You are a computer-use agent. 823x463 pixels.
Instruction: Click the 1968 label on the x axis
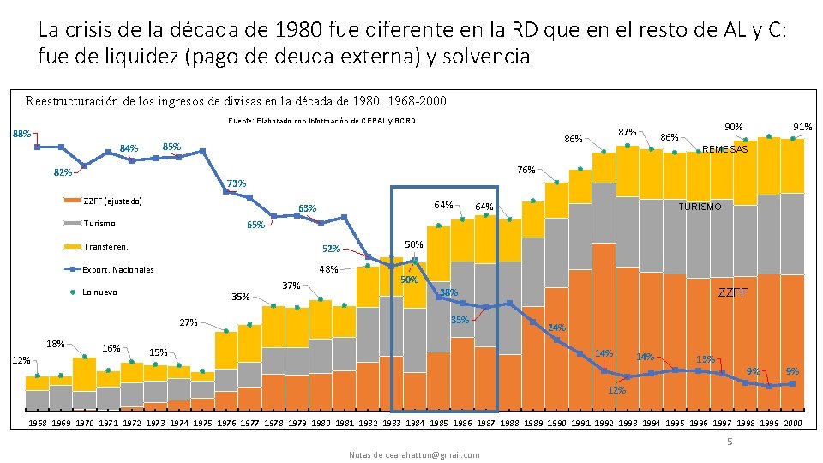pyautogui.click(x=38, y=424)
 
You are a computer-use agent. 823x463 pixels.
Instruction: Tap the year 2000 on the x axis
pyautogui.click(x=792, y=424)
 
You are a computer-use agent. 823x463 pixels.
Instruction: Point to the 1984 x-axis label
pyautogui.click(x=415, y=424)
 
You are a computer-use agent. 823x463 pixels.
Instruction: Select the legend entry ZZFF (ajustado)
pyautogui.click(x=112, y=201)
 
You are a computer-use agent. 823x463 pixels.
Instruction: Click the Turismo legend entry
pyautogui.click(x=99, y=224)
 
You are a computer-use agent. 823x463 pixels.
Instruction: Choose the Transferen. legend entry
pyautogui.click(x=105, y=247)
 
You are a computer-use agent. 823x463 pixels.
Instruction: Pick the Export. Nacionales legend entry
pyautogui.click(x=118, y=270)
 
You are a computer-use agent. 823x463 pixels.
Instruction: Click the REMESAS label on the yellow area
pyautogui.click(x=725, y=150)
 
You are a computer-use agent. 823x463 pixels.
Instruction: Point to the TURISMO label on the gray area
pyautogui.click(x=700, y=207)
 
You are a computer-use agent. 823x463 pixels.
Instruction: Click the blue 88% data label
pyautogui.click(x=21, y=134)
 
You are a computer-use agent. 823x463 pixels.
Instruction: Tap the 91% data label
pyautogui.click(x=803, y=128)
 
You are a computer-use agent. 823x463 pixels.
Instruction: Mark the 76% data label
pyautogui.click(x=526, y=170)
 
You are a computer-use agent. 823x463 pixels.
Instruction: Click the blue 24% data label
pyautogui.click(x=556, y=328)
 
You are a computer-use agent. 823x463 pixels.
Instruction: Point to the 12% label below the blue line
pyautogui.click(x=616, y=391)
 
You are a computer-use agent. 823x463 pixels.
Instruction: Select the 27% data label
pyautogui.click(x=189, y=323)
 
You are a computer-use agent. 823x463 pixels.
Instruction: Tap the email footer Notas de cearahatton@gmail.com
pyautogui.click(x=414, y=454)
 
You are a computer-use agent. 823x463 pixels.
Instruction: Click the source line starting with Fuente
pyautogui.click(x=321, y=121)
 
